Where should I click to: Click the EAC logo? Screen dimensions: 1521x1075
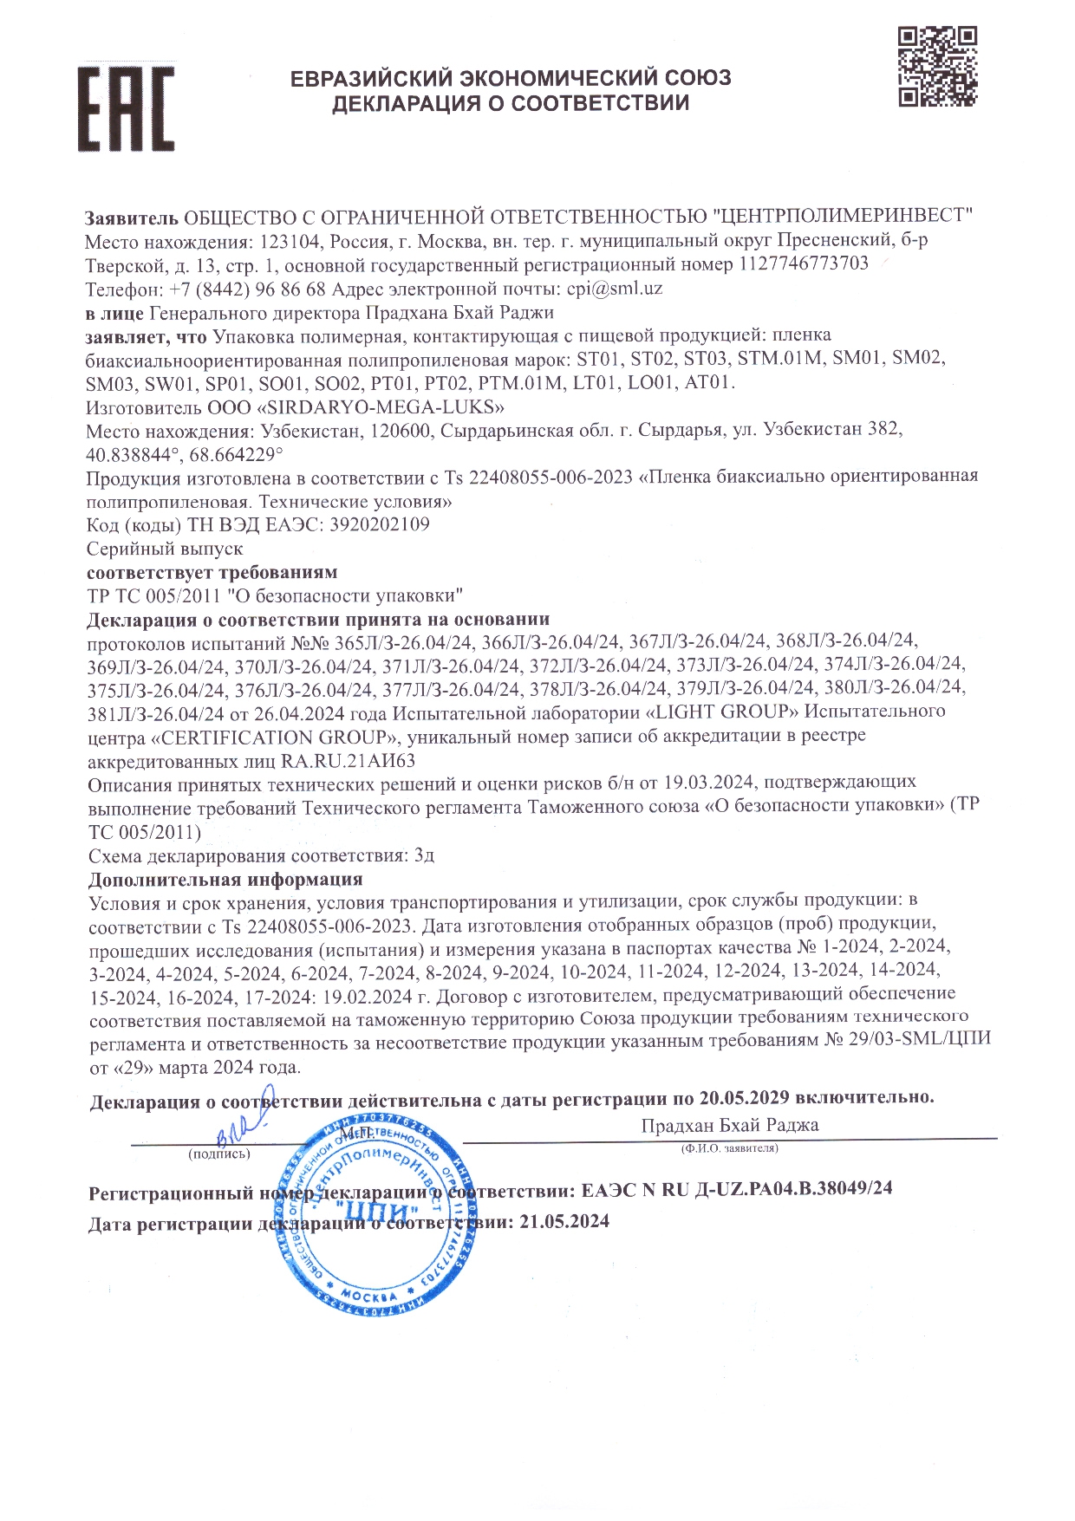point(127,108)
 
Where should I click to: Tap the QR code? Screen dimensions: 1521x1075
point(937,67)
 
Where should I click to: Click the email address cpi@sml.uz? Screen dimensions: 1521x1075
point(615,289)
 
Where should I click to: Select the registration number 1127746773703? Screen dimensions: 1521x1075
point(803,263)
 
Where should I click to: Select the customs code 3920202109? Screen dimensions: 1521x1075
point(380,524)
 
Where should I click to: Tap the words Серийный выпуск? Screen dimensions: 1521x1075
point(165,549)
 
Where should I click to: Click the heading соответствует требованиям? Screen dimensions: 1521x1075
point(212,572)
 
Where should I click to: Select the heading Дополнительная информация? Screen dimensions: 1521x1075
point(225,880)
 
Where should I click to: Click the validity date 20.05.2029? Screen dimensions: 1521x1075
point(744,1098)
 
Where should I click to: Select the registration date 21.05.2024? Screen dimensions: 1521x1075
point(564,1221)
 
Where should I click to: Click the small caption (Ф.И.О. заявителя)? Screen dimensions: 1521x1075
point(730,1148)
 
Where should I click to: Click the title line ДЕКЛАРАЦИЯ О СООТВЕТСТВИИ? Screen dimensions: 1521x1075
point(511,104)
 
